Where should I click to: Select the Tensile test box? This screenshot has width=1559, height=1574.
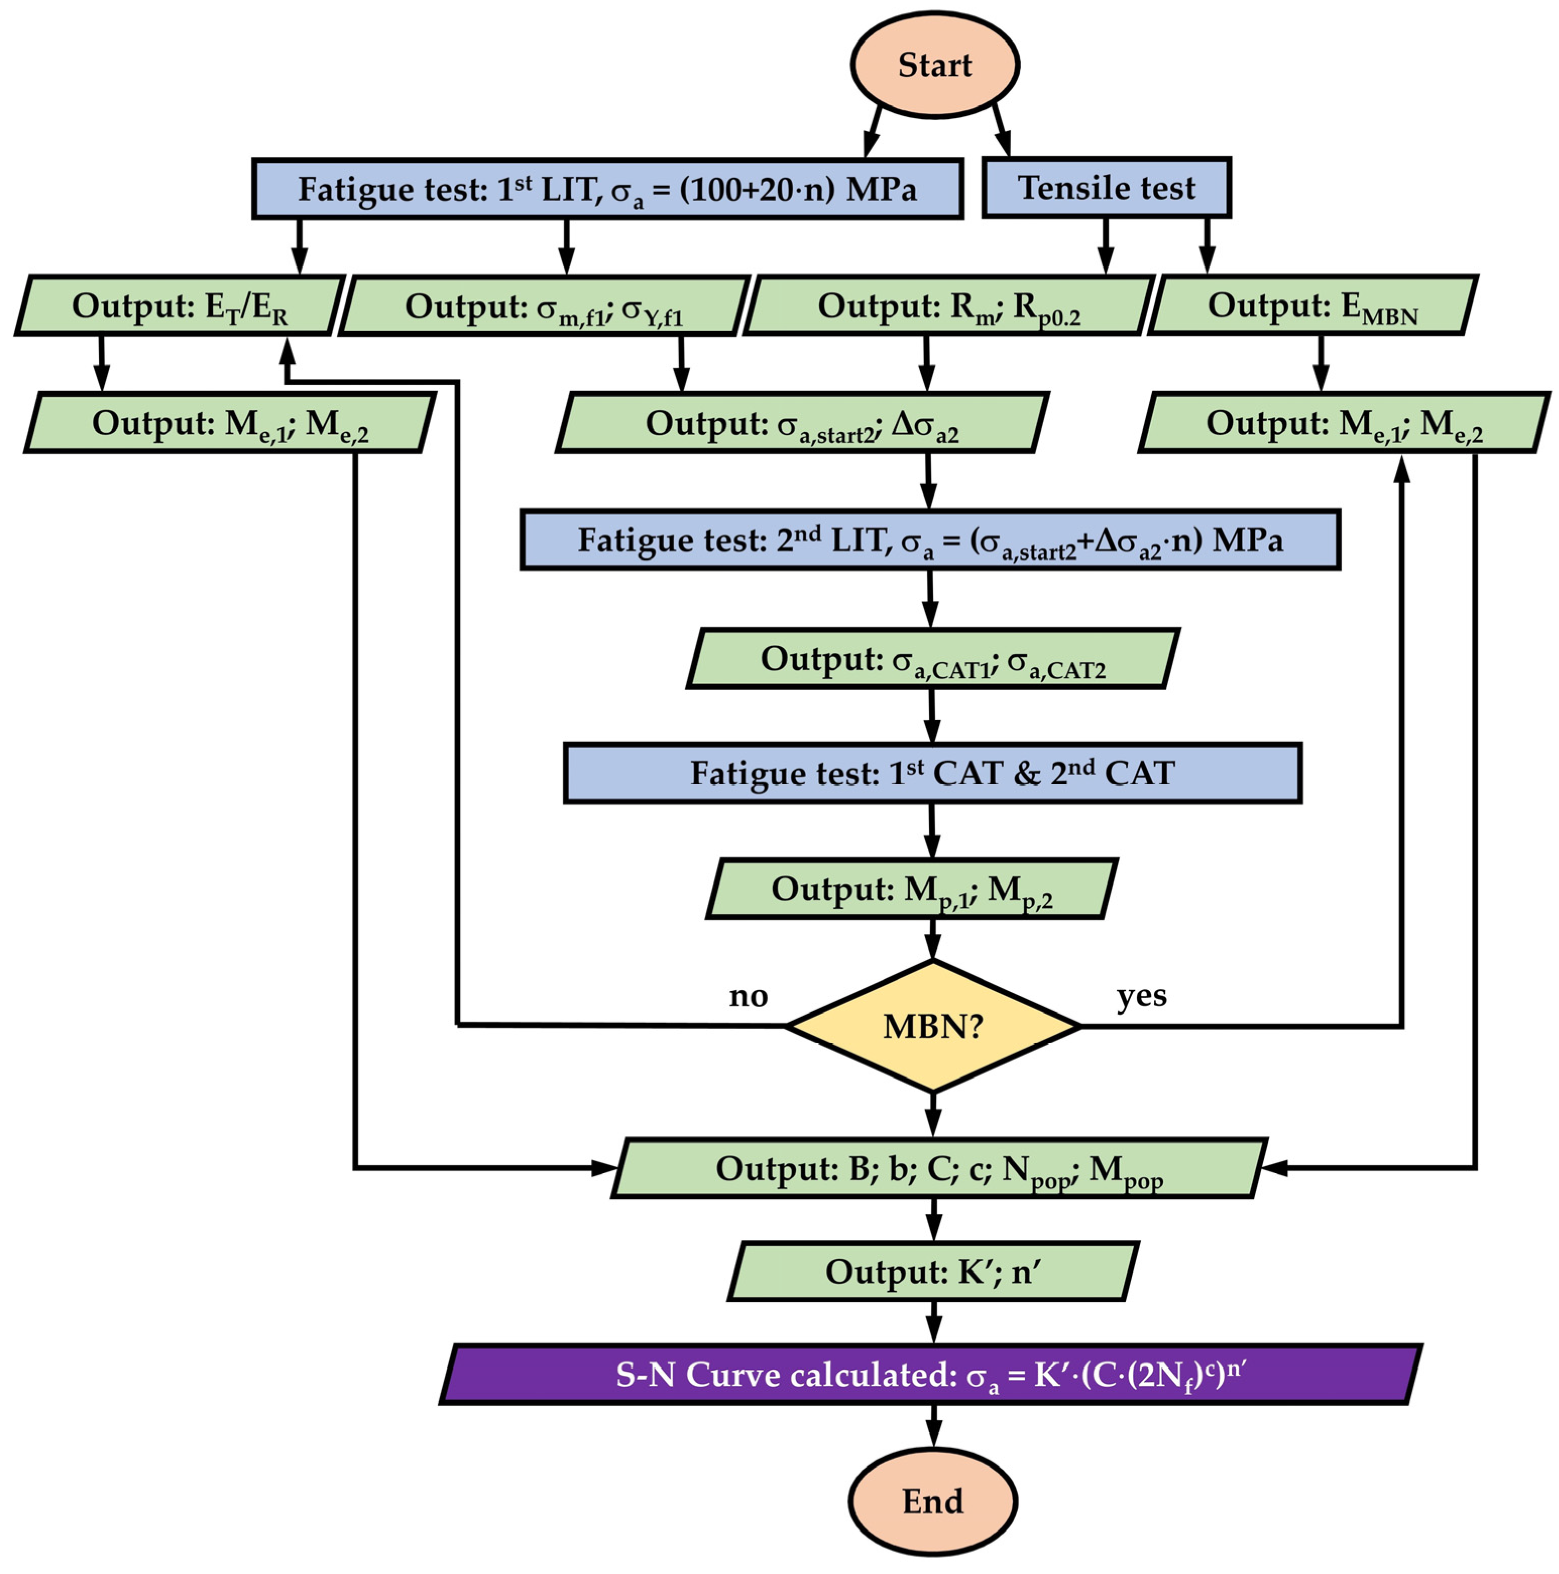[1106, 188]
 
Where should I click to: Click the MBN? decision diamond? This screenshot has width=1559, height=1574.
[933, 1026]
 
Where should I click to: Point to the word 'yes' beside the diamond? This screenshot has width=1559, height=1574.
[1141, 995]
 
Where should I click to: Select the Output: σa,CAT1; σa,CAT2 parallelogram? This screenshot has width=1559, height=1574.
[932, 658]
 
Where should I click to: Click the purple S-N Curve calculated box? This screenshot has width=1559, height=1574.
[931, 1374]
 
